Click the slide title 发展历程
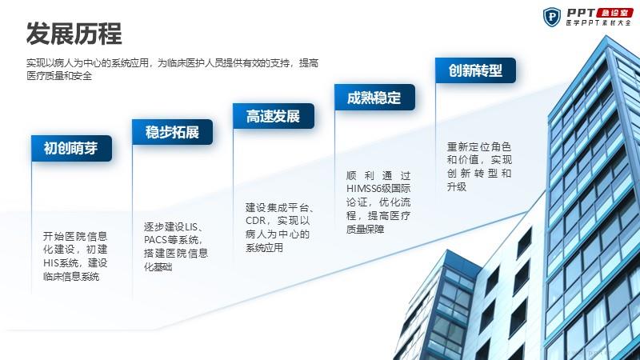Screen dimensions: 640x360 pyautogui.click(x=74, y=34)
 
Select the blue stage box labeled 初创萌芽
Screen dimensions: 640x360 pyautogui.click(x=71, y=148)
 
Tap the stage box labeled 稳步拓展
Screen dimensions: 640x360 pyautogui.click(x=172, y=132)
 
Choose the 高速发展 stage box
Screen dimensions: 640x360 pyautogui.click(x=274, y=116)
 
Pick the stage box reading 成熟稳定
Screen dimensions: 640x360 pyautogui.click(x=374, y=97)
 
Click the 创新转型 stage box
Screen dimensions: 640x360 pyautogui.click(x=475, y=70)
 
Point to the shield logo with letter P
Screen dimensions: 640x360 pyautogui.click(x=552, y=17)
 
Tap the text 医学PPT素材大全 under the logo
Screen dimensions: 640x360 pyautogui.click(x=598, y=23)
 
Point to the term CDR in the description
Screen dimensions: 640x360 pyautogui.click(x=255, y=221)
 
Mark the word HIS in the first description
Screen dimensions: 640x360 pyautogui.click(x=50, y=262)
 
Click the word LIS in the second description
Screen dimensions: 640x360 pyautogui.click(x=191, y=226)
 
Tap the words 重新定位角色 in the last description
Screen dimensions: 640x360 pyautogui.click(x=478, y=146)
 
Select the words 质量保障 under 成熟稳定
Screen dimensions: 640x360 pyautogui.click(x=366, y=230)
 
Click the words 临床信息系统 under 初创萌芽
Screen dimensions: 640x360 pyautogui.click(x=71, y=276)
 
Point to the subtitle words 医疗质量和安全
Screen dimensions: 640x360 pyautogui.click(x=59, y=76)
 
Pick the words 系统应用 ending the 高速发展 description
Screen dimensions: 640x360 pyautogui.click(x=264, y=248)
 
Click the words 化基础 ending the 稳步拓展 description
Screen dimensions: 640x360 pyautogui.click(x=158, y=267)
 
